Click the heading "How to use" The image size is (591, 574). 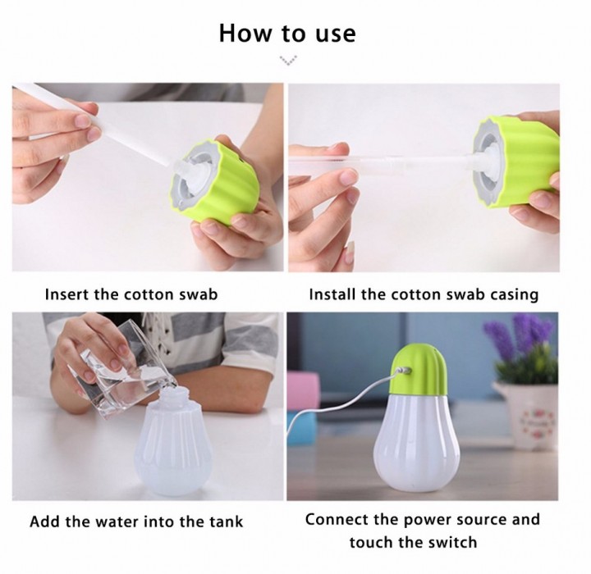click(287, 33)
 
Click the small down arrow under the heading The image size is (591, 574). click(288, 60)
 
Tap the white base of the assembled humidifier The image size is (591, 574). click(417, 440)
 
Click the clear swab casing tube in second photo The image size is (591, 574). click(377, 162)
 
